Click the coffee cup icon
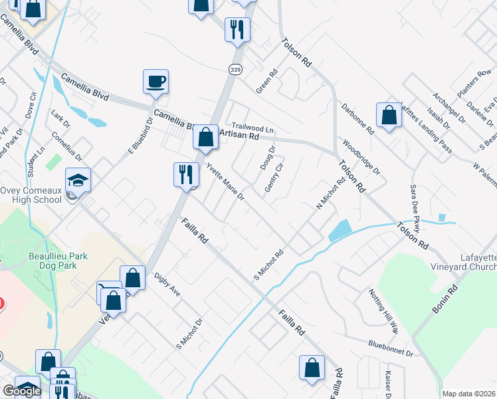click(x=155, y=82)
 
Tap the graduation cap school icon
click(x=78, y=180)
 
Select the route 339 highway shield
click(x=235, y=69)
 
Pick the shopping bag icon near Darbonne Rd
click(x=389, y=115)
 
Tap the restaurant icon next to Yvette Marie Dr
click(x=185, y=175)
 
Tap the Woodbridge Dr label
click(x=361, y=158)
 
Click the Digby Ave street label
click(x=167, y=284)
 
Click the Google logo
click(x=22, y=391)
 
